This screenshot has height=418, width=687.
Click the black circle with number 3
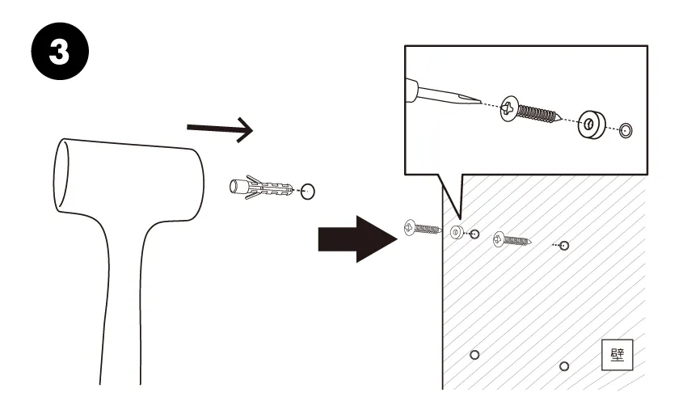point(60,51)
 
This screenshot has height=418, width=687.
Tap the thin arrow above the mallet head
point(220,129)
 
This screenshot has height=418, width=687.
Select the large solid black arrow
point(357,239)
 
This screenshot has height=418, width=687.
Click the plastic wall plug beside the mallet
point(261,187)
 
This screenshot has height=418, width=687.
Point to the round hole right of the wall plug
point(308,192)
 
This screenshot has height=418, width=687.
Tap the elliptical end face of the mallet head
point(61,175)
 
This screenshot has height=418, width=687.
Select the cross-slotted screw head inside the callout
point(509,108)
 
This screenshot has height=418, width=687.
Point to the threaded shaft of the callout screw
point(538,113)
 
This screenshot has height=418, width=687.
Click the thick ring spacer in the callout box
point(591,125)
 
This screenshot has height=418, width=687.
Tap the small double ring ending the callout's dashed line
point(626,130)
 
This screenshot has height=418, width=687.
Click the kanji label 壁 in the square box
point(617,354)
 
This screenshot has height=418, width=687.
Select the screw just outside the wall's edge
point(423,228)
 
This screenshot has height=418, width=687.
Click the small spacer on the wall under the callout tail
point(457,232)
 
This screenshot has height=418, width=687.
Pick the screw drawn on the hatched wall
point(512,239)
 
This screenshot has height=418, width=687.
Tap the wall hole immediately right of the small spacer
point(474,234)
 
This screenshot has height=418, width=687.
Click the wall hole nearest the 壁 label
point(564,366)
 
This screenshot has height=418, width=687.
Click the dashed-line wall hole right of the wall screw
point(564,245)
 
